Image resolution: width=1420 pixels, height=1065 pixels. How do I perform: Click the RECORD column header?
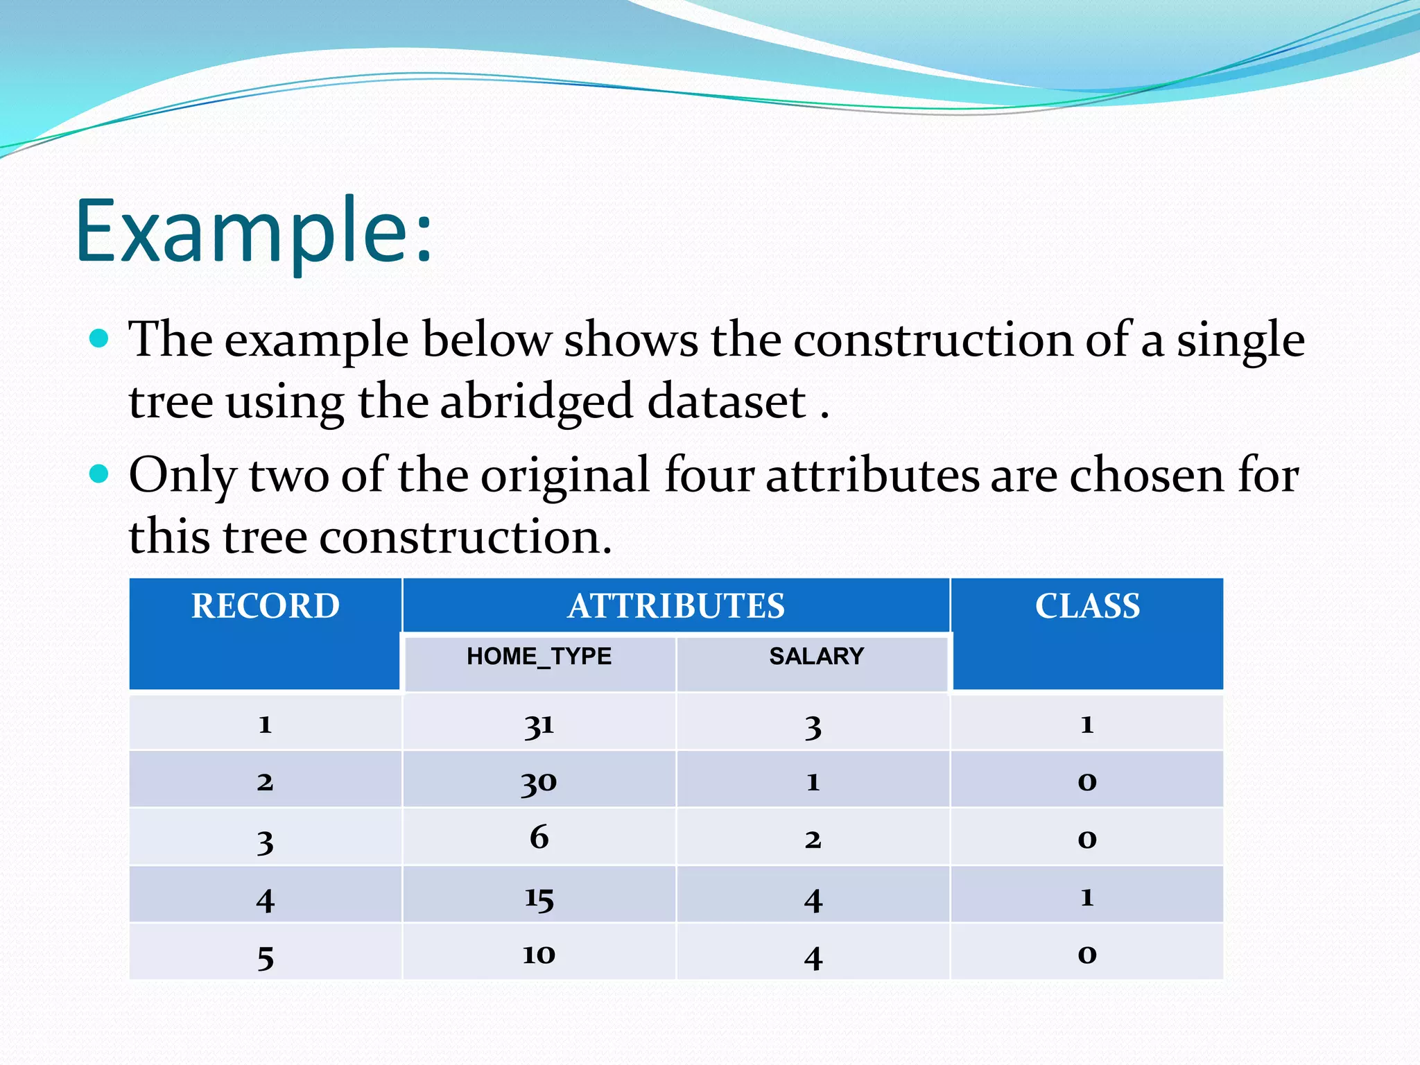266,606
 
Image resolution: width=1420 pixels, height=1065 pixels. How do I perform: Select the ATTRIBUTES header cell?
676,606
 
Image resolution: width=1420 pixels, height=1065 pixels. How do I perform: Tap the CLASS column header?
1087,606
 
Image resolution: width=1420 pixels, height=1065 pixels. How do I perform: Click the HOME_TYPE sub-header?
539,657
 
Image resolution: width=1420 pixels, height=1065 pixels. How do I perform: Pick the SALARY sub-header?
816,657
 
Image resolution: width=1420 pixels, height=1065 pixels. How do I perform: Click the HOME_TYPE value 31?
539,725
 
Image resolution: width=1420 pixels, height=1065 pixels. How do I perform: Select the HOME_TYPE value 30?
539,783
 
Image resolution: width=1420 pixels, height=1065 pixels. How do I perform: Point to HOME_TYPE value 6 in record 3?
539,838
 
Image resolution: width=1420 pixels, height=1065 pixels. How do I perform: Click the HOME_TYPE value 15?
539,899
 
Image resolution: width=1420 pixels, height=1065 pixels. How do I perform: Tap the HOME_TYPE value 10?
539,955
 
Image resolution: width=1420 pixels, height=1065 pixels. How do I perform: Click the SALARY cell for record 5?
813,958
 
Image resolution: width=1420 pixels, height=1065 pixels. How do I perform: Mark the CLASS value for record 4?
1086,897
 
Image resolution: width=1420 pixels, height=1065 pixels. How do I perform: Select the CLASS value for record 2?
1086,782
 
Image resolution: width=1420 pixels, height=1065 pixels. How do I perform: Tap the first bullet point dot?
100,338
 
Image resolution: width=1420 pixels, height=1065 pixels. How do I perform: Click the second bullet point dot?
100,474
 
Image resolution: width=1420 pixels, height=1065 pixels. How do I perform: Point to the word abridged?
536,402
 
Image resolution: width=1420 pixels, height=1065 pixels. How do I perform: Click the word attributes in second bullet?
872,476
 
